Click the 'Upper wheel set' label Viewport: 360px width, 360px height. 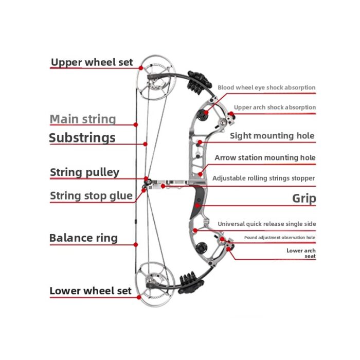tap(92, 62)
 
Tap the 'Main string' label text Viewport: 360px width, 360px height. tap(83, 119)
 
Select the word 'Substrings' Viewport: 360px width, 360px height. tap(82, 138)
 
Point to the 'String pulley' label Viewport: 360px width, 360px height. tap(85, 172)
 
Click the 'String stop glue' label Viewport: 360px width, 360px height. tap(92, 196)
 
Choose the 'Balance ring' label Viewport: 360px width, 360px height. tap(83, 238)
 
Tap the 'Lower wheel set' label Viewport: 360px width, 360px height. tap(91, 291)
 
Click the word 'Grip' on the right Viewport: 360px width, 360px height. tap(304, 199)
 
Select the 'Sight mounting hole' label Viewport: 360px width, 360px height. tap(272, 136)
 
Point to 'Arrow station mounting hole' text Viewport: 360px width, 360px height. tap(265, 158)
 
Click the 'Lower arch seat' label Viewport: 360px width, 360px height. tap(301, 253)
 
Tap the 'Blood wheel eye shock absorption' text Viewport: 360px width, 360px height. tap(266, 87)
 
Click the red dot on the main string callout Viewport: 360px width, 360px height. tap(136, 124)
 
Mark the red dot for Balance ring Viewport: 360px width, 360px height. tap(136, 245)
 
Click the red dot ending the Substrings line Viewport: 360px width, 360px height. tap(145, 144)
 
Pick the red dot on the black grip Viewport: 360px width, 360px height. tap(197, 206)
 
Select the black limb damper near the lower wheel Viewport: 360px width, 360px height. tap(191, 283)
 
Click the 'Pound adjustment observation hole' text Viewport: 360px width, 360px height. tap(280, 238)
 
